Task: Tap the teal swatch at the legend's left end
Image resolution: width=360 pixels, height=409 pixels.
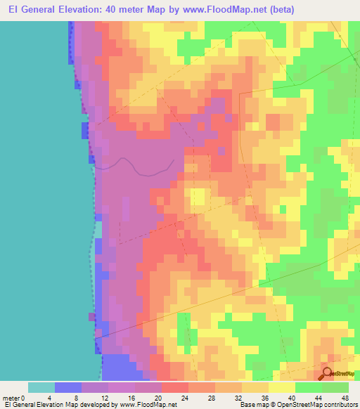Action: (41, 387)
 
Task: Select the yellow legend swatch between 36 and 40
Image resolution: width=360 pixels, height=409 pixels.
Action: (281, 387)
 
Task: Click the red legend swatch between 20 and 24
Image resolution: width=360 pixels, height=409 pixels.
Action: (174, 387)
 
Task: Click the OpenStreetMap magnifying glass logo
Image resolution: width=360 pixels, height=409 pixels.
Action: (328, 373)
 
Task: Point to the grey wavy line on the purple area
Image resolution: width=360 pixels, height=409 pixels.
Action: (134, 164)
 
